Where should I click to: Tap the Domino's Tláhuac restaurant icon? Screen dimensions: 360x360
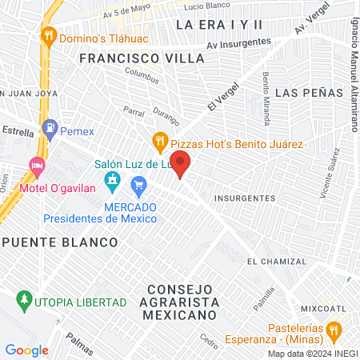pyautogui.click(x=50, y=35)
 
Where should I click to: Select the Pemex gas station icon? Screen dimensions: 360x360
pyautogui.click(x=50, y=127)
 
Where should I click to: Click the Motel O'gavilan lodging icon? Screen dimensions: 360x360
pyautogui.click(x=36, y=166)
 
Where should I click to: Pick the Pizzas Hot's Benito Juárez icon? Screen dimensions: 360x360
pyautogui.click(x=160, y=141)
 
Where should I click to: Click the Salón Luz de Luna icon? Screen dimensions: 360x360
pyautogui.click(x=114, y=180)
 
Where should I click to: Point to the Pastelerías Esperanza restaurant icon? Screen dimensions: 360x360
pyautogui.click(x=334, y=330)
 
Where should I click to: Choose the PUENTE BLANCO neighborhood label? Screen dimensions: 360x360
pyautogui.click(x=60, y=241)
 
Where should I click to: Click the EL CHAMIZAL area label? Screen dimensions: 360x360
pyautogui.click(x=277, y=262)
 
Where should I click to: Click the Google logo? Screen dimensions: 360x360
pyautogui.click(x=26, y=350)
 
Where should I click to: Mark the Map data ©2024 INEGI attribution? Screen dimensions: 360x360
pyautogui.click(x=312, y=354)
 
